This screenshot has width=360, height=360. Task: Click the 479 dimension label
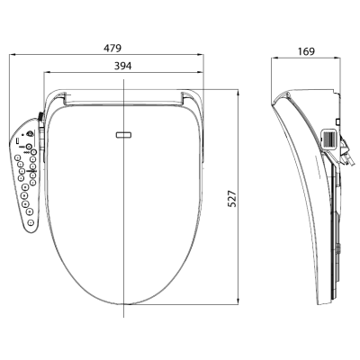click(x=112, y=48)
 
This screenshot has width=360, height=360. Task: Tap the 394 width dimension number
click(x=122, y=66)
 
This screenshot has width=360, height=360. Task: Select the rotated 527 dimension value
click(x=232, y=198)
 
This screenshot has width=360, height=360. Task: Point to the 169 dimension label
click(x=306, y=51)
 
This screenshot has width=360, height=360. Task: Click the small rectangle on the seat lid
click(x=123, y=135)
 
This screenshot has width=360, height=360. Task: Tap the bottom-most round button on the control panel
click(x=31, y=222)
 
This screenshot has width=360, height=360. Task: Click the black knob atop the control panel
click(x=40, y=116)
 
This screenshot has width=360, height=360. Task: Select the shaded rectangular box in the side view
click(x=330, y=139)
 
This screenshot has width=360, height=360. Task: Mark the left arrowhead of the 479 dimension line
click(x=13, y=55)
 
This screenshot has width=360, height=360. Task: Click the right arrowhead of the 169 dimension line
click(x=337, y=58)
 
